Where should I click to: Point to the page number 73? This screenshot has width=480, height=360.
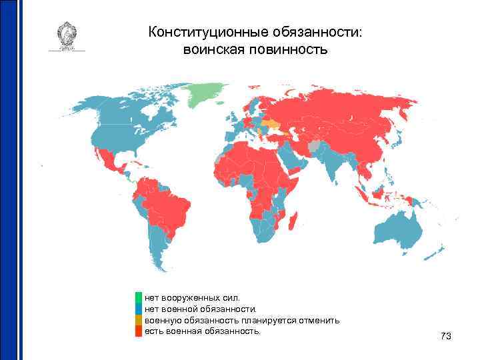click(x=446, y=337)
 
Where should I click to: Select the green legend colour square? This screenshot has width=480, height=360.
click(x=139, y=297)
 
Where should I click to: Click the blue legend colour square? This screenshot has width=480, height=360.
click(x=139, y=309)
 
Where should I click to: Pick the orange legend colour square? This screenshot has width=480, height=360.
click(x=139, y=320)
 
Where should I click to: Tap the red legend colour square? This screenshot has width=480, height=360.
click(x=139, y=331)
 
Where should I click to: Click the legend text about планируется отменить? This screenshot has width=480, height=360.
click(x=243, y=320)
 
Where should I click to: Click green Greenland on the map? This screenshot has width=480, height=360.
click(x=205, y=95)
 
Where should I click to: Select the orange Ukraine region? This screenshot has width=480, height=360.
click(x=272, y=124)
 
